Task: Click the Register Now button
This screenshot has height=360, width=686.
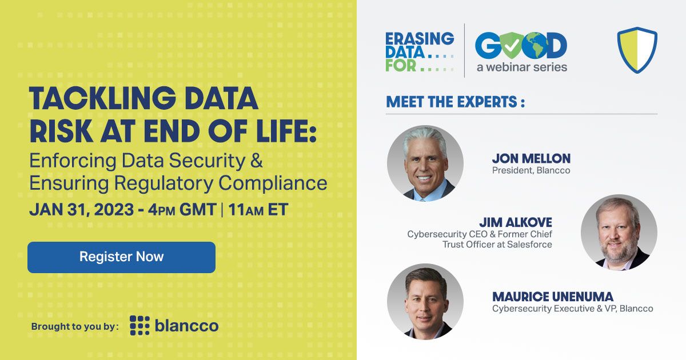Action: click(121, 257)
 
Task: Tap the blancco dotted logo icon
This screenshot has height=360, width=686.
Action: click(139, 325)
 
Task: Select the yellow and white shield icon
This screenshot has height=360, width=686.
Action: click(637, 50)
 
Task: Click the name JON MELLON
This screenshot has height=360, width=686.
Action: click(531, 158)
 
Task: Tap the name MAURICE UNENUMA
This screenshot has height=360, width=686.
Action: click(552, 297)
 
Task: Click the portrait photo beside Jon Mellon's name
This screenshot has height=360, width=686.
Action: click(425, 163)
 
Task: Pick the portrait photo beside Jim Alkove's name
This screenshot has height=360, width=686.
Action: click(619, 232)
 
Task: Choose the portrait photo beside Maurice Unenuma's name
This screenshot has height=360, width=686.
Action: click(425, 301)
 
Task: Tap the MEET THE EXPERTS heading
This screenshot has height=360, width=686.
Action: click(455, 102)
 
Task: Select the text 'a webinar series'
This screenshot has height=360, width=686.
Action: click(522, 67)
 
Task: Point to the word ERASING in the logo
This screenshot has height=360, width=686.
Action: click(420, 39)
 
